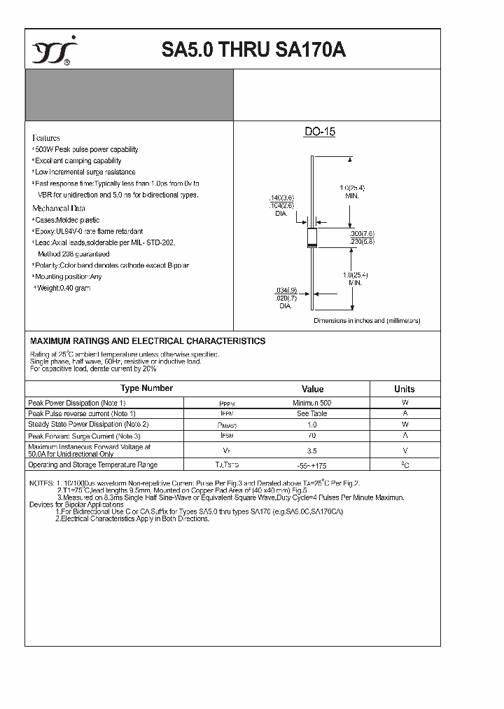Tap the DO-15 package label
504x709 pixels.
pos(319,132)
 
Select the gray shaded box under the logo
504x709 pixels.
pos(129,95)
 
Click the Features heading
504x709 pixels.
pos(46,138)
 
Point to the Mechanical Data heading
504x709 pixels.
pos(59,208)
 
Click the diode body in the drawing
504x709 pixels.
pos(312,239)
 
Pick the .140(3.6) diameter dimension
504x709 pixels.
pos(282,198)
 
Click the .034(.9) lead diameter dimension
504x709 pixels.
pos(286,290)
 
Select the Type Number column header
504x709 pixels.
pos(146,388)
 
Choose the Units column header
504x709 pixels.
pos(404,389)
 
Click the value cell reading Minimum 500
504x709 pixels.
pos(312,403)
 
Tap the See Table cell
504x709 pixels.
pos(312,413)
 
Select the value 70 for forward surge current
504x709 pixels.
pos(312,435)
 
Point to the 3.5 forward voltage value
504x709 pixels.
pos(312,451)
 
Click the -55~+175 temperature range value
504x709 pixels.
pos(312,465)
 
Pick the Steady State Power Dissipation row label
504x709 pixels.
pos(88,425)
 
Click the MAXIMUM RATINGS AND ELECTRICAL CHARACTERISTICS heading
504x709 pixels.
pos(148,341)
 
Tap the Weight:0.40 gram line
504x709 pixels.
pos(64,288)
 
